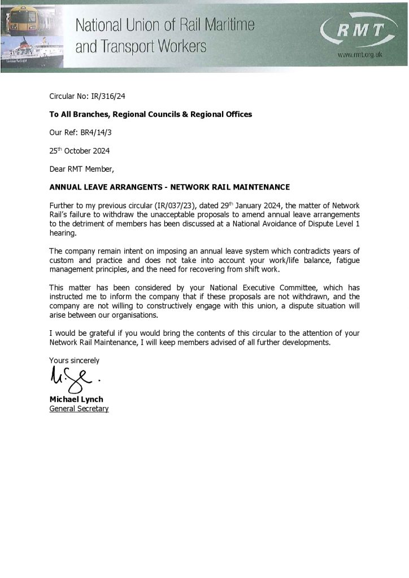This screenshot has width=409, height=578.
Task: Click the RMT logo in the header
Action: [360, 32]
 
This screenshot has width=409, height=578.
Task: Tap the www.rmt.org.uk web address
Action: [360, 55]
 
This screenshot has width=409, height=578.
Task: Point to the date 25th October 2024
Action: [79, 151]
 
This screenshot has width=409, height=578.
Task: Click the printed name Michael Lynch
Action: [76, 400]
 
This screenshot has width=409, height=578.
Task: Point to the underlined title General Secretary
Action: [79, 409]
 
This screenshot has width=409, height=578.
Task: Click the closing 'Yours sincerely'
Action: [74, 360]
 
